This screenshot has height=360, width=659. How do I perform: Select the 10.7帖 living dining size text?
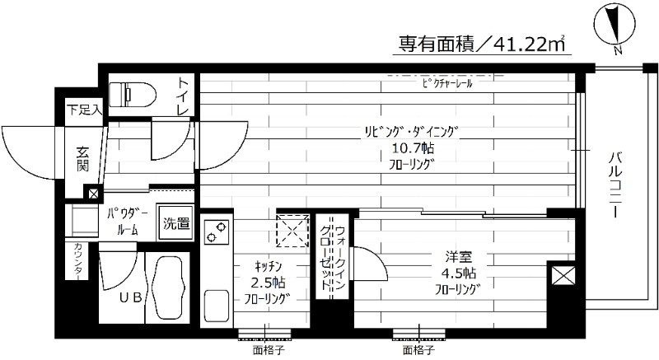tap(412, 148)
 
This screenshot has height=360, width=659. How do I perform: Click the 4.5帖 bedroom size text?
tap(459, 273)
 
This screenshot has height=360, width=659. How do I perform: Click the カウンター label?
tap(76, 263)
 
